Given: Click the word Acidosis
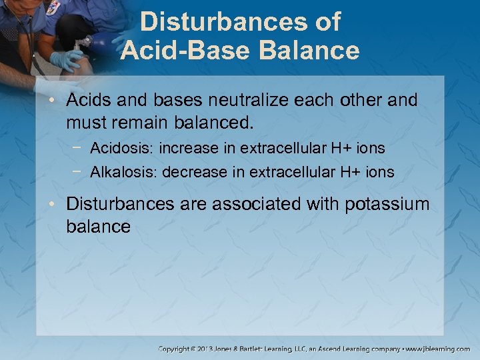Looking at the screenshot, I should coord(121,147).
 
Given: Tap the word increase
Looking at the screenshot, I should coord(188,147).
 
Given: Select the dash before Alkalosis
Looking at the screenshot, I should coord(77,171).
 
